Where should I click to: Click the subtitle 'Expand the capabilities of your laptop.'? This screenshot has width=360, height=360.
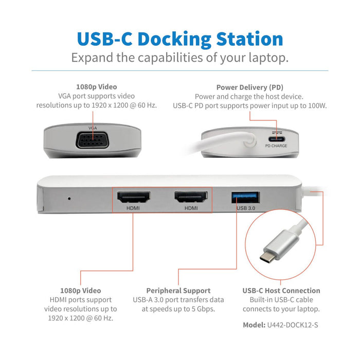point(179,57)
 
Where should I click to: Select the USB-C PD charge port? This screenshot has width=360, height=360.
point(276,137)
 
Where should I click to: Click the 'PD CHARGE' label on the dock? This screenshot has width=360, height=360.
point(276,146)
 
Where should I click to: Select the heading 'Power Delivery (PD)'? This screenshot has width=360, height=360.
point(249,87)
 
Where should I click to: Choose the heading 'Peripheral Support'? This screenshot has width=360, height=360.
point(178,291)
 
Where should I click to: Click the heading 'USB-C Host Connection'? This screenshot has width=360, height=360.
point(281,291)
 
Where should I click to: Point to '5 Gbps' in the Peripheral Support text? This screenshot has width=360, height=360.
point(202,309)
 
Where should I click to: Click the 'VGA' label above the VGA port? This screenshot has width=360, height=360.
point(93,127)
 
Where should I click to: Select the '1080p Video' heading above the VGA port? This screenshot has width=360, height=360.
point(96,87)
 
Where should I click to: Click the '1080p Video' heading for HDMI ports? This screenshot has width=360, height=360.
point(81,291)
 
